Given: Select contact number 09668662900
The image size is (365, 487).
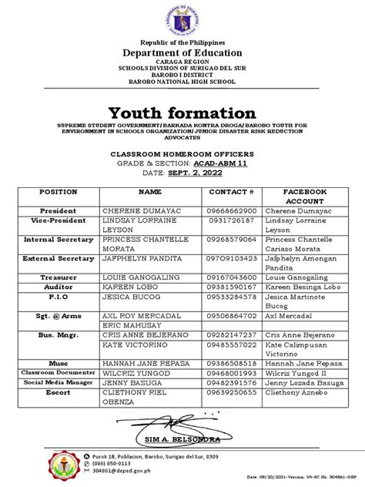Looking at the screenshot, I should click(x=232, y=210).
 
